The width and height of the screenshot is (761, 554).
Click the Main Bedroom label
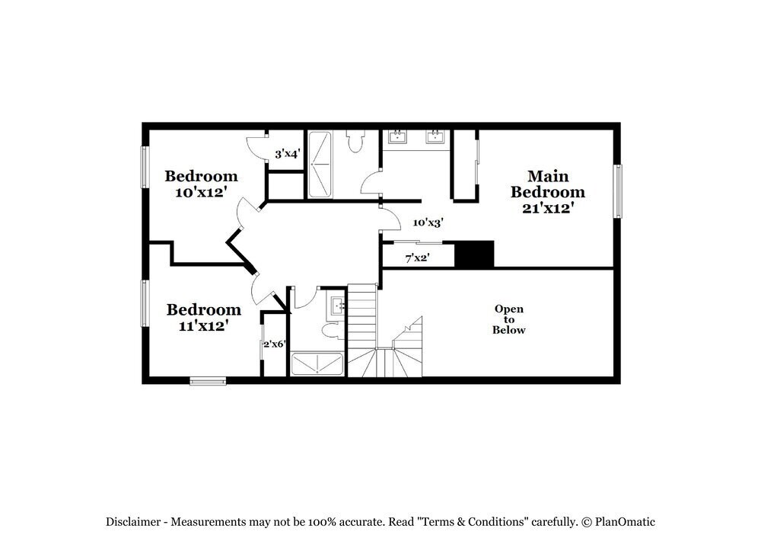point(548,184)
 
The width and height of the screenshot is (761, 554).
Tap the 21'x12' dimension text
point(548,208)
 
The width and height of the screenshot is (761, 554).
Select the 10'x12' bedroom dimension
point(202,193)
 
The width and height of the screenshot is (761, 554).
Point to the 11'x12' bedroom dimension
point(203,326)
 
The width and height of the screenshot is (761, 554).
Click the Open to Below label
point(509,319)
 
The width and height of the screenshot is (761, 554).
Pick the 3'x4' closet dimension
point(288,154)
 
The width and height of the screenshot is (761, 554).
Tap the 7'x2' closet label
point(418,258)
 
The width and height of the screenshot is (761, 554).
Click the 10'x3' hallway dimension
point(428,223)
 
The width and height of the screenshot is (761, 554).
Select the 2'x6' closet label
point(274,344)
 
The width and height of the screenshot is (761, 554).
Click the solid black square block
point(474,254)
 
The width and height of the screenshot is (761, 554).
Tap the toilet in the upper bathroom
point(355,141)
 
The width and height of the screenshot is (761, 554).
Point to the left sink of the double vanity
point(396,137)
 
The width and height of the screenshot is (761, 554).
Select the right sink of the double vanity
point(435,137)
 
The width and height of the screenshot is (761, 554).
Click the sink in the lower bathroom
point(338,306)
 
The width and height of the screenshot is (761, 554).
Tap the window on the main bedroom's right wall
point(619,191)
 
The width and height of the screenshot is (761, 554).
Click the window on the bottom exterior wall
point(208,380)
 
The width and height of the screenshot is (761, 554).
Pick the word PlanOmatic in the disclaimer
point(625,522)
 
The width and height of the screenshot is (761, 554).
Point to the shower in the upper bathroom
point(320,165)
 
